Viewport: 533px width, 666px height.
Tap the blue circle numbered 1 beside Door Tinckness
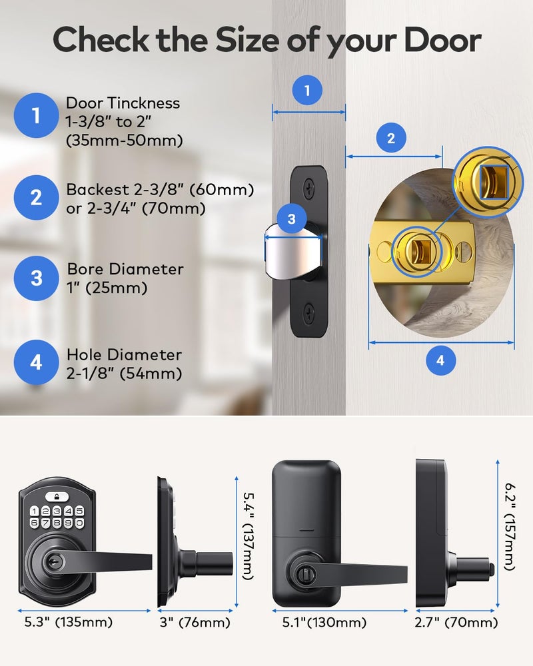[x=37, y=117]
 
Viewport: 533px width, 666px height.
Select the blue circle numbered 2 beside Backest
[x=37, y=198]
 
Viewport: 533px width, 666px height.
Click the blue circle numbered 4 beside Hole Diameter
[x=37, y=362]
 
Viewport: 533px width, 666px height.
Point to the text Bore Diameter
[x=125, y=269]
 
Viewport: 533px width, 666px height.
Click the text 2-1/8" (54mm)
[x=125, y=374]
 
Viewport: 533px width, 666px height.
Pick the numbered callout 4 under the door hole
[x=440, y=361]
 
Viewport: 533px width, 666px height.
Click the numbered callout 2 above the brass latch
[x=391, y=139]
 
